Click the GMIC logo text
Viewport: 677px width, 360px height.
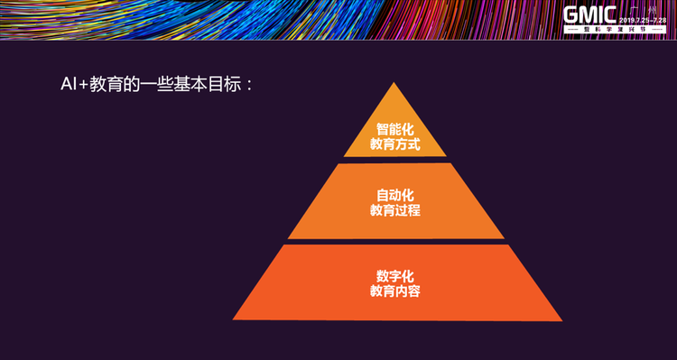(590, 16)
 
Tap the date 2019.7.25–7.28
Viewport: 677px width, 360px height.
(643, 18)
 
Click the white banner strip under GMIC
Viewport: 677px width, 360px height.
(614, 31)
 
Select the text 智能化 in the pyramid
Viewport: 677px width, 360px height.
(394, 128)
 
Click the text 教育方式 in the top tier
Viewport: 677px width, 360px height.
(394, 143)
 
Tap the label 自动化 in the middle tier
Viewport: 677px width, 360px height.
(394, 195)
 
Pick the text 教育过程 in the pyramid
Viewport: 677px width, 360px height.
(394, 210)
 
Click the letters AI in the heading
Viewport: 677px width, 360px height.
(67, 87)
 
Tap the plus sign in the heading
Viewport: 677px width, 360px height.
(82, 88)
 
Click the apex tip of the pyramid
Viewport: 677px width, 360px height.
(394, 84)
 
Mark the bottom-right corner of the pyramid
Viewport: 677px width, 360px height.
(561, 319)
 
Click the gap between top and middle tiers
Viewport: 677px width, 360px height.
(394, 160)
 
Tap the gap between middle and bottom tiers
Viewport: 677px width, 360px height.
(394, 242)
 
